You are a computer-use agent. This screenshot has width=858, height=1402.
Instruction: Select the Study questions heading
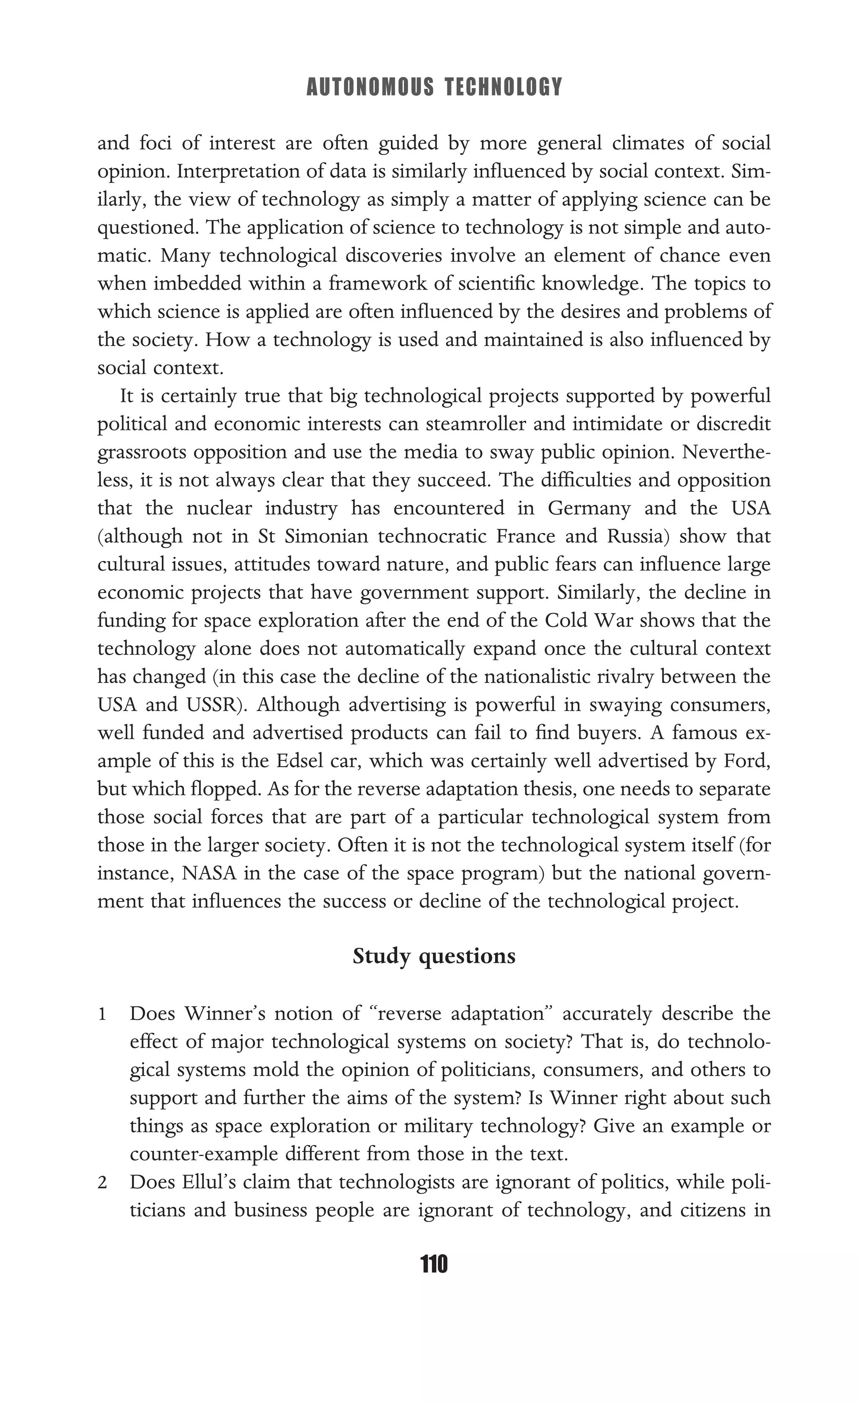point(434,956)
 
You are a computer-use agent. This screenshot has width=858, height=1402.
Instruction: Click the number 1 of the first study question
point(102,1014)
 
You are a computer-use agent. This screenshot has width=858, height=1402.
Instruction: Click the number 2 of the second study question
point(102,1183)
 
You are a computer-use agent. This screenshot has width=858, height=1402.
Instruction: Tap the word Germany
point(589,508)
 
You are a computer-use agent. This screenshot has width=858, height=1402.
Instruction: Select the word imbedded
point(203,283)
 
